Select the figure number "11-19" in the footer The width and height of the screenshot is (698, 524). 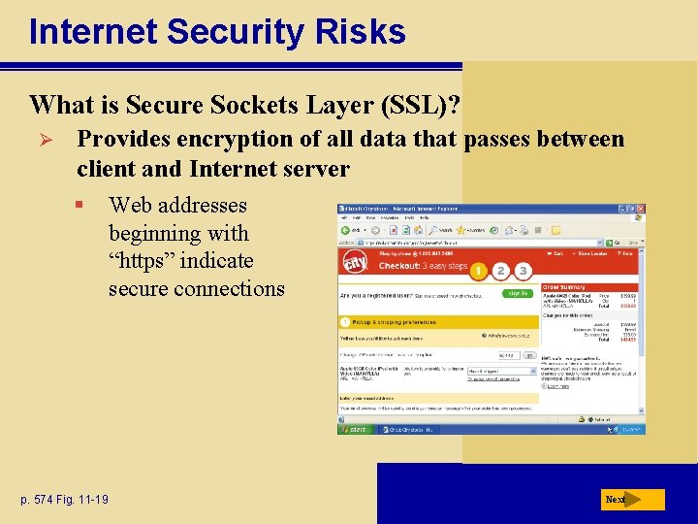click(x=93, y=500)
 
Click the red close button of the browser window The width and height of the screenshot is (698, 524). click(x=640, y=209)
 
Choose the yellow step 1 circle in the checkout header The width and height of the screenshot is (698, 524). click(x=479, y=270)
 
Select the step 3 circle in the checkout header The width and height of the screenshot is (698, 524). click(x=523, y=271)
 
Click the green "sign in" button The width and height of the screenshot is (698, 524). click(x=517, y=292)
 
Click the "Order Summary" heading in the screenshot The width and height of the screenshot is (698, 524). click(x=564, y=286)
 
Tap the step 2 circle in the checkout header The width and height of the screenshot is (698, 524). click(x=501, y=271)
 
